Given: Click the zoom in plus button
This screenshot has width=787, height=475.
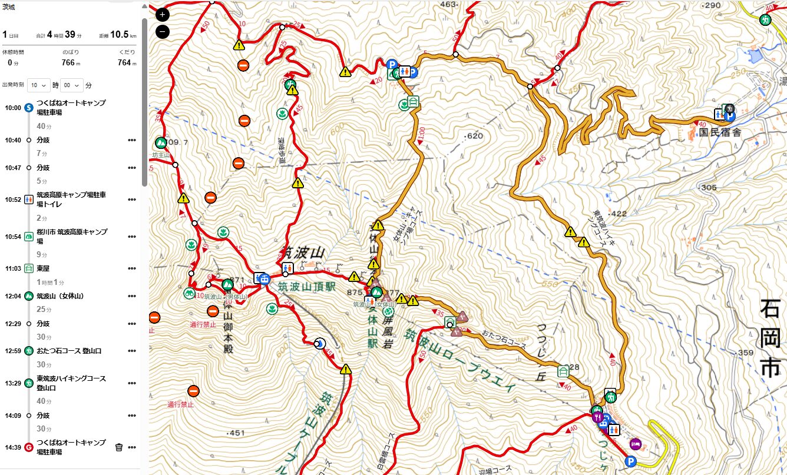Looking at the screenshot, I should (x=163, y=15).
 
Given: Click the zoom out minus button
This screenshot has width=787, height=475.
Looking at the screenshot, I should (x=163, y=32).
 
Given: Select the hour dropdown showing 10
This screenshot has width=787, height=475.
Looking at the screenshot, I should (x=38, y=85).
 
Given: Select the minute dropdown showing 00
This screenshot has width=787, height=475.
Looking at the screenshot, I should (x=71, y=85).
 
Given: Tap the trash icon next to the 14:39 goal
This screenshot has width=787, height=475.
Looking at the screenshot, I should (x=119, y=447).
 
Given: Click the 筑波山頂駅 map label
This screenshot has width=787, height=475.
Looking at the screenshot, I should (x=306, y=287).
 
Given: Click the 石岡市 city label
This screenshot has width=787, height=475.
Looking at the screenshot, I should (x=770, y=338).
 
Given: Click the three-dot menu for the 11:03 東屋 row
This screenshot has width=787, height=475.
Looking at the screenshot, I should (x=131, y=269).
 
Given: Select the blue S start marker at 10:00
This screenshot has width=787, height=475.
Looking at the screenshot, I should (x=28, y=108).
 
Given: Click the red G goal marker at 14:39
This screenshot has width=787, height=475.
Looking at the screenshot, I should (x=28, y=447).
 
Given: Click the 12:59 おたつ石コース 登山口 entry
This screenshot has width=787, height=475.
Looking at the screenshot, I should (x=69, y=351).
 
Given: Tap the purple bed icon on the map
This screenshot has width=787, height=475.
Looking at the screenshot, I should (x=635, y=443).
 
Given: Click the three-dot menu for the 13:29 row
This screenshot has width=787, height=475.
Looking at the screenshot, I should (x=131, y=383).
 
